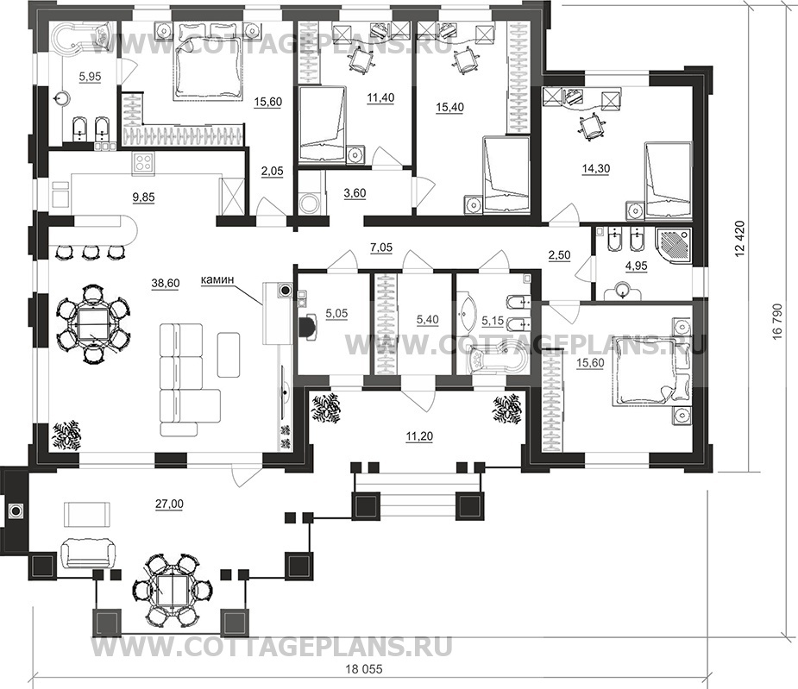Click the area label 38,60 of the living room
tap(166, 284)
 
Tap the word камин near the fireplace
tap(217, 279)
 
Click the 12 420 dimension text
tap(741, 238)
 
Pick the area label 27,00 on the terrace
tap(170, 504)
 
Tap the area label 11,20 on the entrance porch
tap(420, 436)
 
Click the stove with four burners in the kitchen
tap(143, 163)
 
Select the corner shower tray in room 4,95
tap(672, 247)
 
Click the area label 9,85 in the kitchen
tap(143, 197)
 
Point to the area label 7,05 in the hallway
tap(380, 247)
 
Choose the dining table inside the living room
tap(91, 323)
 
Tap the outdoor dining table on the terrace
tap(172, 589)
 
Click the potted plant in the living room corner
tap(66, 435)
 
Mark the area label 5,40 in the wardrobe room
tap(428, 320)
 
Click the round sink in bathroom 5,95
tap(63, 96)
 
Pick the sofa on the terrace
tap(87, 554)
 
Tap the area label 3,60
tap(355, 193)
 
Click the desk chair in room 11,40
tap(361, 60)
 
